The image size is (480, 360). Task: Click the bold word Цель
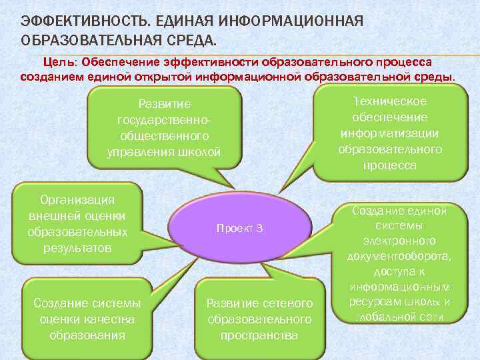60,62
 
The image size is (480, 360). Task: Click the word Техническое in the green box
390,101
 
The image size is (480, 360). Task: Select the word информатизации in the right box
390,133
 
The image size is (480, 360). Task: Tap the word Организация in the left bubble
78,200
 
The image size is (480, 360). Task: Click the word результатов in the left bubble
78,248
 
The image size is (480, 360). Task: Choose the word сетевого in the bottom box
287,303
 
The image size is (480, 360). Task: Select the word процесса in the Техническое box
390,165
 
